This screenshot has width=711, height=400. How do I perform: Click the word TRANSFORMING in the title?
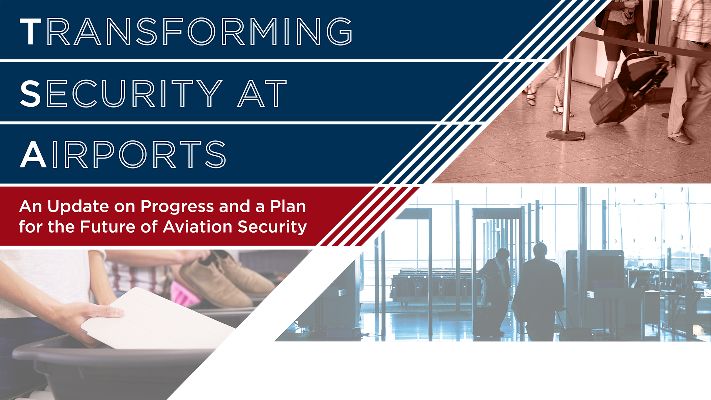tap(186, 31)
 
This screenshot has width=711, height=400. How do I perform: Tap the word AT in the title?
tap(262, 94)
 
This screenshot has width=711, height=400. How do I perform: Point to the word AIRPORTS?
tap(123, 154)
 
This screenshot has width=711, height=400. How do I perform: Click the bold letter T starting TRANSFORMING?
tap(30, 32)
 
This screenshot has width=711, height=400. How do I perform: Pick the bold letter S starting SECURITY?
tap(30, 94)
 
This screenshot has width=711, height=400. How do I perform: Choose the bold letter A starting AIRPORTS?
tap(33, 154)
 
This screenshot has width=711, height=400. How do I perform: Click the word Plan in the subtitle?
tap(288, 206)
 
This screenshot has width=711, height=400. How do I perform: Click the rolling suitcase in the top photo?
tap(626, 89)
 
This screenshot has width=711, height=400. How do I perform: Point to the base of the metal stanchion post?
tap(565, 136)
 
